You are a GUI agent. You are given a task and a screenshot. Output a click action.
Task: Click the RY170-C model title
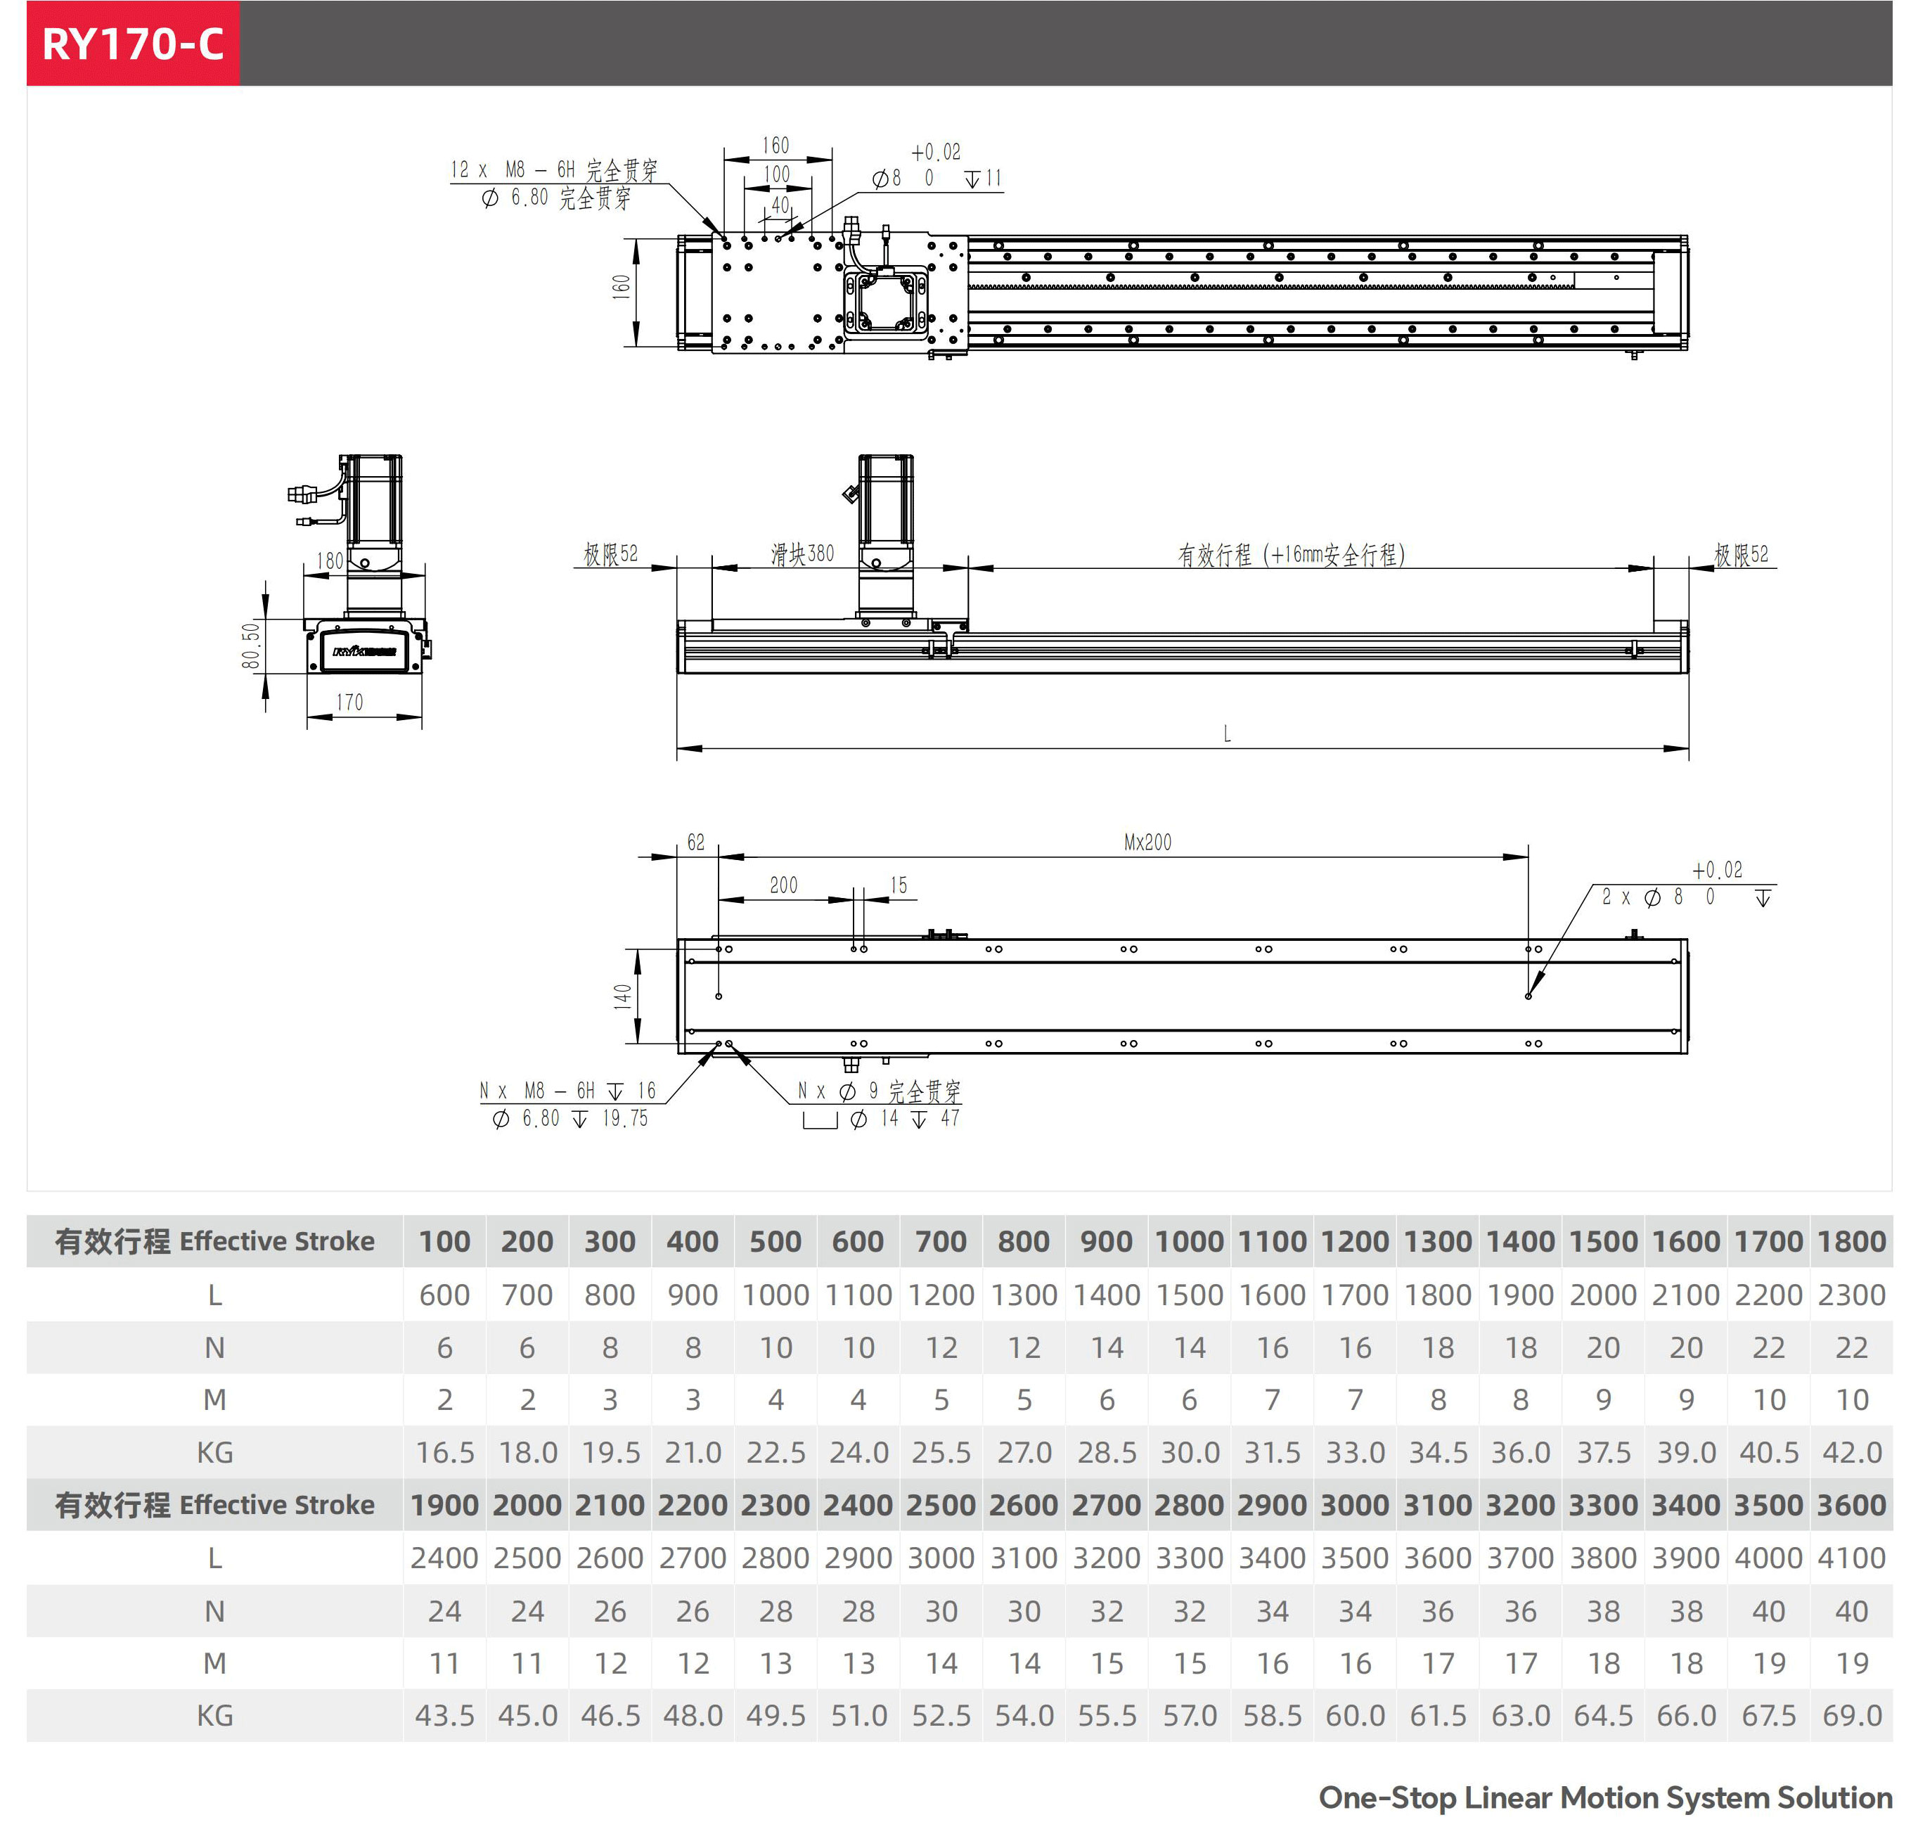tap(133, 44)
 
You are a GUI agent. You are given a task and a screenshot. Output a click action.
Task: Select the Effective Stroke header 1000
tap(1189, 1242)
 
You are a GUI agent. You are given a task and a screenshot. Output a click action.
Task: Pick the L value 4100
tap(1851, 1558)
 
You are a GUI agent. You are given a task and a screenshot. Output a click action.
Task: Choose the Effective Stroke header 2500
tap(941, 1505)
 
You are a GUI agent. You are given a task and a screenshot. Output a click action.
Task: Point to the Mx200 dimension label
tap(1147, 842)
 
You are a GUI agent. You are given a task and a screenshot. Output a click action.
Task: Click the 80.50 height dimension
tap(251, 646)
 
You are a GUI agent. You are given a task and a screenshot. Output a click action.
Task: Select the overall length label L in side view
tap(1227, 734)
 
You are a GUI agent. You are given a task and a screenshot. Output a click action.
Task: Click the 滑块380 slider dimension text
tap(803, 554)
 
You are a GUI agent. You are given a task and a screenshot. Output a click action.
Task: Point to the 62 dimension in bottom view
tap(695, 842)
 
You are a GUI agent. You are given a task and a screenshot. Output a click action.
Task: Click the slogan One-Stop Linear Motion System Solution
tap(1605, 1797)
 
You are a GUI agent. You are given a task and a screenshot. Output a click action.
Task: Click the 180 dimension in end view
tap(330, 561)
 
